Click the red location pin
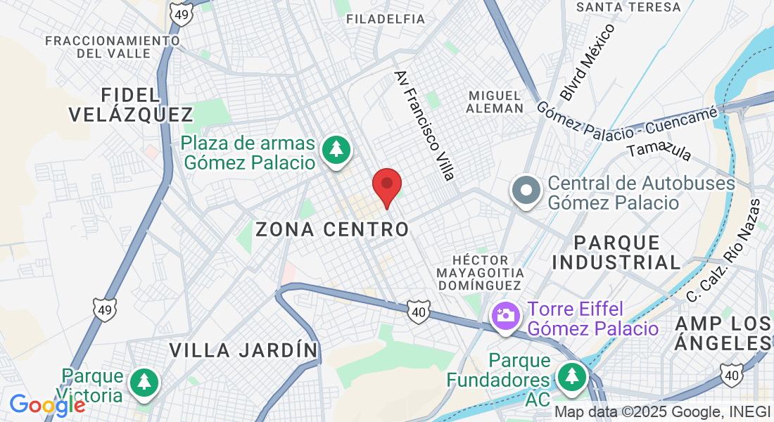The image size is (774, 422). coord(386,185)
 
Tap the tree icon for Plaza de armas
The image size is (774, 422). coord(336,150)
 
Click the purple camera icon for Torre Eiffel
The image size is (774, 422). coord(505,314)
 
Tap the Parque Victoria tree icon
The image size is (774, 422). coord(144,382)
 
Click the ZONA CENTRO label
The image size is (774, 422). coord(332,229)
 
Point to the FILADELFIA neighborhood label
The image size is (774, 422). coord(386,19)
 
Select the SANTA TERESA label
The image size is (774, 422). coord(628,7)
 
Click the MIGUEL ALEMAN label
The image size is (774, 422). coord(495,101)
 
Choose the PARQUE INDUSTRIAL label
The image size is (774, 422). coord(617,252)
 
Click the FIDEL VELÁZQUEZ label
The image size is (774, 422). coord(132,104)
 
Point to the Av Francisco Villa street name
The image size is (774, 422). coord(424,125)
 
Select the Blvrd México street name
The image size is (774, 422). coord(588,62)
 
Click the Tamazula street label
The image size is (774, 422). coord(659,151)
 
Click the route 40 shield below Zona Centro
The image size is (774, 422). coord(417,309)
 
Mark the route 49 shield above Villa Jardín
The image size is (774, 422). coord(104,309)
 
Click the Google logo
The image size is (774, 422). coord(47,405)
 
